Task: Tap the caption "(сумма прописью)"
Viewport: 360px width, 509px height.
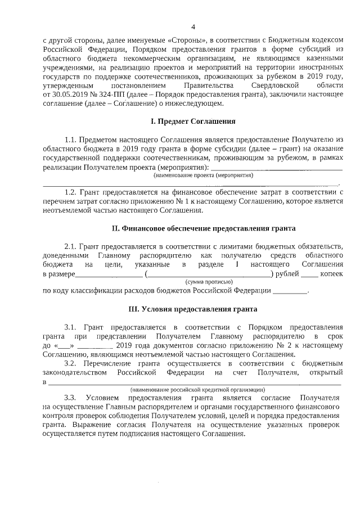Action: [x=209, y=281]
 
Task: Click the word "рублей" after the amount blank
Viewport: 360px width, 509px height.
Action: [x=287, y=273]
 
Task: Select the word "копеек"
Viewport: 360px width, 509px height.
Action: [x=331, y=273]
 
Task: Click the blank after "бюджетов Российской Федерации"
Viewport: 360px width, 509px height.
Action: [x=290, y=291]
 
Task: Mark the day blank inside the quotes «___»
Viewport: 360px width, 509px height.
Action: [x=65, y=346]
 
